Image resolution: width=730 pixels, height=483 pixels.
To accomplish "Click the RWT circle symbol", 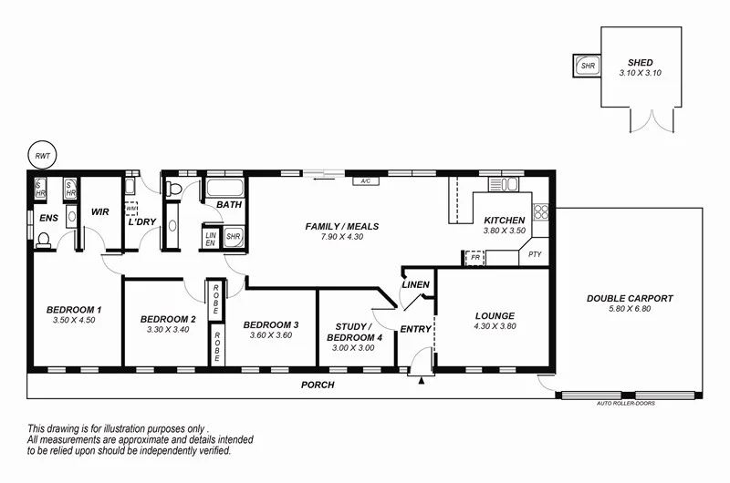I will (42, 155).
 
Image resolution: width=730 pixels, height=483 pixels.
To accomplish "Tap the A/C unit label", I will (366, 180).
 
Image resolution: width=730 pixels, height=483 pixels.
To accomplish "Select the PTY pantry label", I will (536, 256).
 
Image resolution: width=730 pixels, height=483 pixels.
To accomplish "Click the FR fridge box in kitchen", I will (474, 258).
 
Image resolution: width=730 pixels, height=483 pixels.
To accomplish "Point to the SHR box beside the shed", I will (587, 66).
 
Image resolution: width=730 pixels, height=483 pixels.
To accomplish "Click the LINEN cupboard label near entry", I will (415, 285).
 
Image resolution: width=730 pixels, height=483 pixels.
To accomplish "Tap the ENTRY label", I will (415, 329).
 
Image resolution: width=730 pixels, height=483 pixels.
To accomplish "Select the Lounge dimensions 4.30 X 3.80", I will (495, 325).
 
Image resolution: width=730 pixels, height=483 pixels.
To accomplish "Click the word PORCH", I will (318, 385).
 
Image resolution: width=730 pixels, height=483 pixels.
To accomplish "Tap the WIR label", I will (99, 212).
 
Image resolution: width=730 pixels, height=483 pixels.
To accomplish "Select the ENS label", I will (48, 218).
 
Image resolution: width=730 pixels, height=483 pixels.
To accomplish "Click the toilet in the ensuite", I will (43, 241).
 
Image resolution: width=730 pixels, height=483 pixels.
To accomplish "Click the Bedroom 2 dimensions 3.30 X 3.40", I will (167, 329).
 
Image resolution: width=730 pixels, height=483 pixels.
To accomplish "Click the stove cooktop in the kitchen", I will (540, 212).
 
